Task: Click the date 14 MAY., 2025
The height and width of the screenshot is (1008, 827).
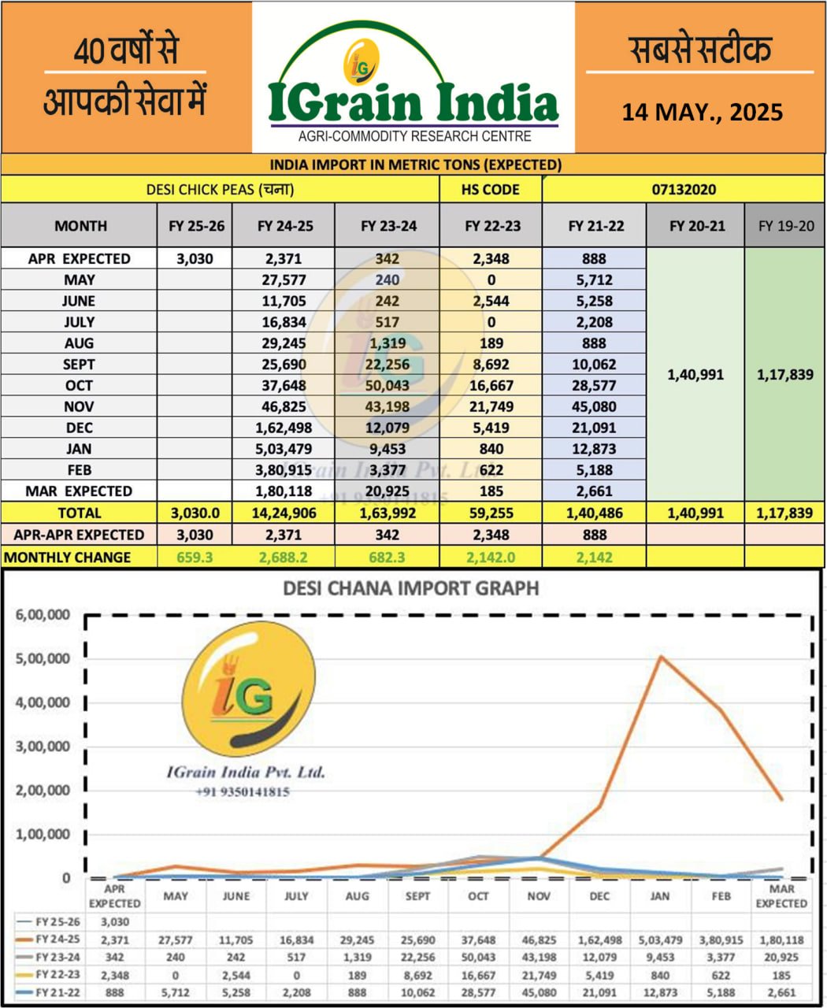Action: [x=702, y=112]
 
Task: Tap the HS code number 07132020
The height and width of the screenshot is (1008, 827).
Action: [x=684, y=190]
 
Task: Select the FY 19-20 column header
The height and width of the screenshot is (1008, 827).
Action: [x=785, y=226]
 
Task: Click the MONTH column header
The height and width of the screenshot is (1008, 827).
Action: [x=80, y=226]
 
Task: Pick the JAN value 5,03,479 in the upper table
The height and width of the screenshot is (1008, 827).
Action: [x=284, y=449]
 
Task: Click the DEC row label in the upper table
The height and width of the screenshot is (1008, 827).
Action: [x=79, y=428]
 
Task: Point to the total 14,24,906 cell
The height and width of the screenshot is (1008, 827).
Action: [x=284, y=513]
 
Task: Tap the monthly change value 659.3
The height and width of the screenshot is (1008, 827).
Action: [x=195, y=557]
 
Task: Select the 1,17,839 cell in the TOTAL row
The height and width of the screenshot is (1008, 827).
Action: [x=785, y=513]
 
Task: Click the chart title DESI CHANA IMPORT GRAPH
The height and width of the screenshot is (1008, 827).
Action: [x=410, y=588]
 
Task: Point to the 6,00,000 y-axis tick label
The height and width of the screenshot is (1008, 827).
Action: [x=43, y=614]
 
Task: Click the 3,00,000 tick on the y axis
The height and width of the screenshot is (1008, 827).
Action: [x=43, y=746]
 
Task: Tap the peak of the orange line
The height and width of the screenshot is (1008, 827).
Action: [x=661, y=657]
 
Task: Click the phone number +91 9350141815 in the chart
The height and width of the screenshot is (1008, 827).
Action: [x=242, y=792]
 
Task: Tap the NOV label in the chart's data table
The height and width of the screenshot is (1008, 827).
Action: [x=539, y=896]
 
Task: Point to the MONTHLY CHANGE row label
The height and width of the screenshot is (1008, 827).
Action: [x=68, y=557]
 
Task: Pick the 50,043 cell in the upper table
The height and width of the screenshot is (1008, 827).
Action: [x=388, y=385]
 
